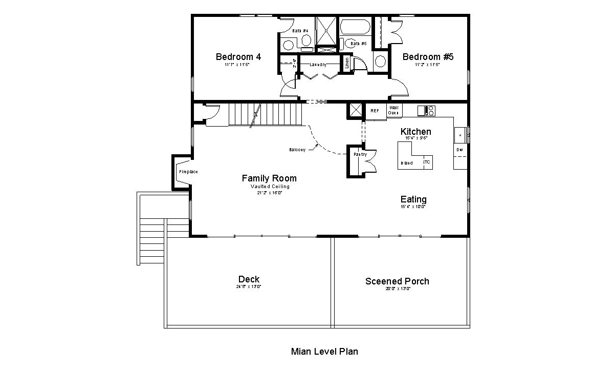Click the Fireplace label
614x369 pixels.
[188, 172]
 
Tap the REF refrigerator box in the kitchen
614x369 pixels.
[375, 111]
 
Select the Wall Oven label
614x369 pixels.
[393, 110]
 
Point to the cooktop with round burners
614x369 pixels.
[426, 110]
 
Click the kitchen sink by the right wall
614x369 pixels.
[460, 135]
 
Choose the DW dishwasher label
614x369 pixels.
[459, 150]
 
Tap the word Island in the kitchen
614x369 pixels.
[407, 163]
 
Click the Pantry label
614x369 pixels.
[360, 154]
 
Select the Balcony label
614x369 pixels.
[297, 150]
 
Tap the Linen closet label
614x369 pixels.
[347, 64]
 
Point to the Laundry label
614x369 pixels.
[318, 65]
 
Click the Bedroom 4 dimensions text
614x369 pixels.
[238, 65]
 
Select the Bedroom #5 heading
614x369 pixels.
[428, 56]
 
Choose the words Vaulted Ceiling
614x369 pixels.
[269, 187]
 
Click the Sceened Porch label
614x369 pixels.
[397, 281]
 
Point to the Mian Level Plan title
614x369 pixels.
[324, 352]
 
